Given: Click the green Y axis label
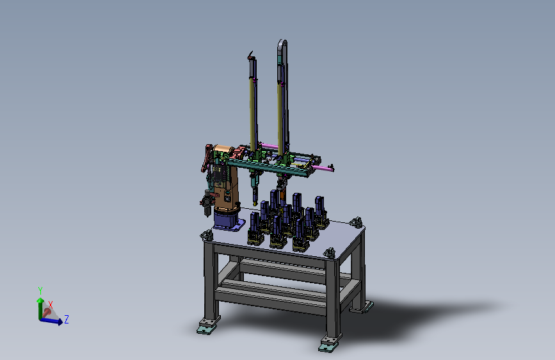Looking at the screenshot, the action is coord(40,291).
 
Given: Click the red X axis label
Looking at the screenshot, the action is coord(51,305).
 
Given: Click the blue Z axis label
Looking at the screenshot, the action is coord(66,319).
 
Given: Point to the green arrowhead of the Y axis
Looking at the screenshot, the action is coord(40,300).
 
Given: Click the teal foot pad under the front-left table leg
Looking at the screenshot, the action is coord(206,329).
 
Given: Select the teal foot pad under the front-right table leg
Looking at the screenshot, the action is coord(327,347).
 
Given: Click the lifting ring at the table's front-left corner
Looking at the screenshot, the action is coord(206,234).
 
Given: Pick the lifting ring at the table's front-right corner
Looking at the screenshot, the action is coord(330,252).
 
